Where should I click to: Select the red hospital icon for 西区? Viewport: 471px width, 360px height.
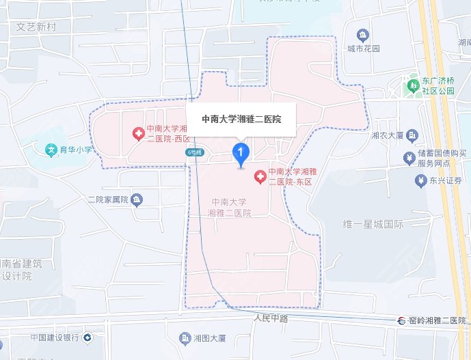(137, 131)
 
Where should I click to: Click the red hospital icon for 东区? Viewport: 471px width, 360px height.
(260, 177)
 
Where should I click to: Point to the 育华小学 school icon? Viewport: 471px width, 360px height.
(51, 150)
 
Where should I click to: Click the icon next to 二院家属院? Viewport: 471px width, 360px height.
(137, 199)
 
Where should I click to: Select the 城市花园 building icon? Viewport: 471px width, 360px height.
(362, 33)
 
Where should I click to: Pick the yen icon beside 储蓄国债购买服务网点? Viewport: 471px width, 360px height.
(409, 158)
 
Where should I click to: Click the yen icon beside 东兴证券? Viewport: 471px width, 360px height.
(420, 180)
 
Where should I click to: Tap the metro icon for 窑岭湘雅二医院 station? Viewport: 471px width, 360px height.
(403, 320)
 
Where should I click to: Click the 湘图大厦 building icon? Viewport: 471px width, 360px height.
(184, 338)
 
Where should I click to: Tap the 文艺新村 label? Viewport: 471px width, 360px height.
(40, 27)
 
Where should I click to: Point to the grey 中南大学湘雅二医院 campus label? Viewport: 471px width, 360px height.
(229, 208)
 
